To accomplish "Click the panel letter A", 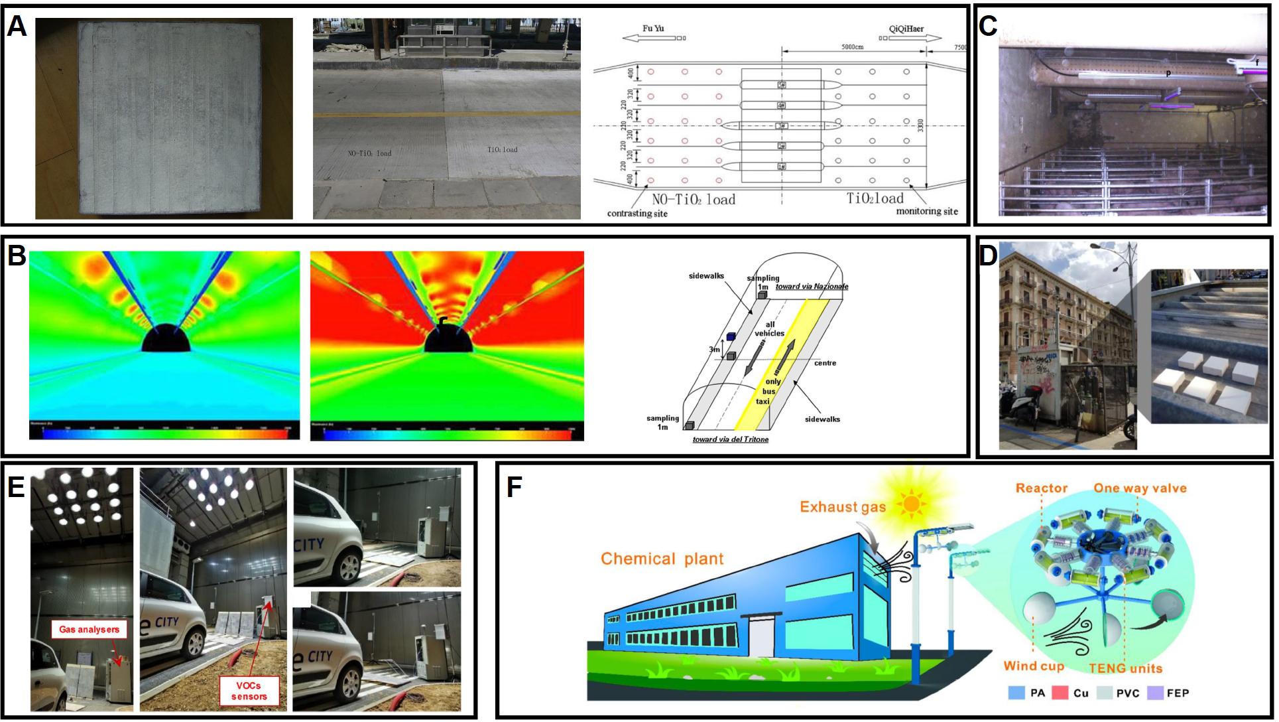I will (17, 27).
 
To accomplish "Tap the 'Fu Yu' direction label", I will (652, 29).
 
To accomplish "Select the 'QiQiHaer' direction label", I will (906, 29).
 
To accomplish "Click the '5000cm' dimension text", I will (852, 47).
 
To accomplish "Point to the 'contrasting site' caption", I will (637, 214).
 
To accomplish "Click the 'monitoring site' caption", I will (926, 212).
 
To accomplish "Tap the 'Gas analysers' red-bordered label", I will (89, 629).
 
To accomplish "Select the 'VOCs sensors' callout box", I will (249, 691).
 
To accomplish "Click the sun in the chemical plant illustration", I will (911, 504).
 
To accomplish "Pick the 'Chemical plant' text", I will (662, 559).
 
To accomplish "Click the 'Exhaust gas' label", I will (842, 507).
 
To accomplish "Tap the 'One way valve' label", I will (1140, 488).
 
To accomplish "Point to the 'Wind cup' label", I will (1033, 666).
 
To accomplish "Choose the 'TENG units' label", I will (1125, 668).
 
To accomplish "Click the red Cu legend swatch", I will (1060, 693).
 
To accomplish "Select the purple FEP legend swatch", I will (1155, 693).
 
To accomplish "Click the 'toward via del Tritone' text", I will (730, 439).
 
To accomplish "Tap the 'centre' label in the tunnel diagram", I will (825, 363).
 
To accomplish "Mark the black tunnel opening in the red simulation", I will (448, 338).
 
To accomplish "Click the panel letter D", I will (988, 255).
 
